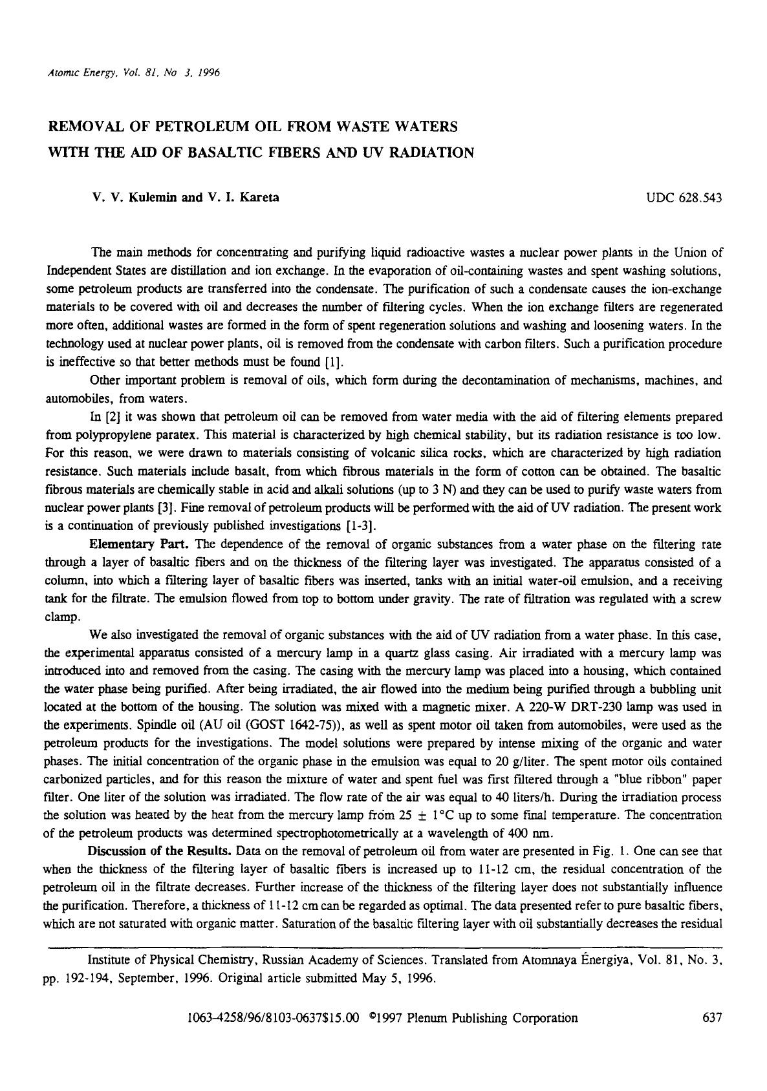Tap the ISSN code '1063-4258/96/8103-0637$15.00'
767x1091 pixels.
point(272,1018)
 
